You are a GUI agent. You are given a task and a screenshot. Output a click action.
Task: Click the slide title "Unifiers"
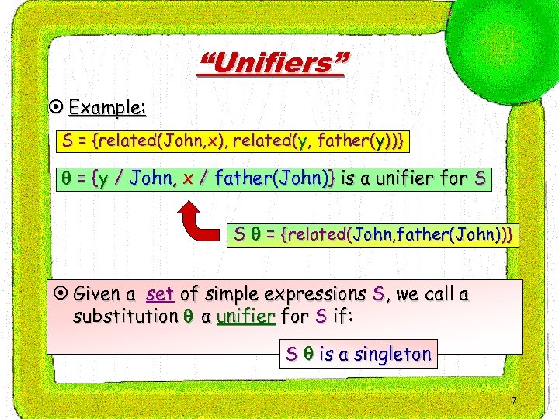click(x=273, y=63)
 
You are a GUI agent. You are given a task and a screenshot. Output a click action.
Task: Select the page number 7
click(x=513, y=401)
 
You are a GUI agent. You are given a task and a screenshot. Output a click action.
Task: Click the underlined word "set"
click(x=159, y=294)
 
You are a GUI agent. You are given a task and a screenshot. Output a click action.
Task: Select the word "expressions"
click(x=315, y=294)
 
